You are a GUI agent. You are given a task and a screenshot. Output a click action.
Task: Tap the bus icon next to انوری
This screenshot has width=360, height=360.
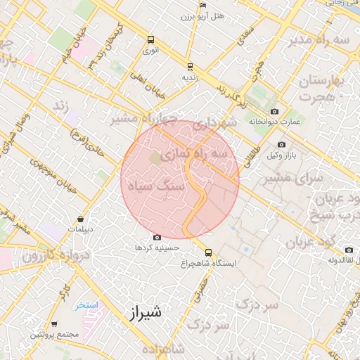[150, 40]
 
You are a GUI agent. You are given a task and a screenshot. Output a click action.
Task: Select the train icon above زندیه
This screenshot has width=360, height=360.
[189, 67]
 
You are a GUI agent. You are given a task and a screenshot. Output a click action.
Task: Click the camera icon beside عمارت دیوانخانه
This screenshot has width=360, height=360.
[274, 112]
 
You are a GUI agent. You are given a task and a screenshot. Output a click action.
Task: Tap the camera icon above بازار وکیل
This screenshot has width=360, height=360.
[282, 145]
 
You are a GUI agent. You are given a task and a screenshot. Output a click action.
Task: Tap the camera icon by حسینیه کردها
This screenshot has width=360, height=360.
[156, 238]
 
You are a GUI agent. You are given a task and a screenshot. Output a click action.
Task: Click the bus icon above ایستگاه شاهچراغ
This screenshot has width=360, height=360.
[208, 252]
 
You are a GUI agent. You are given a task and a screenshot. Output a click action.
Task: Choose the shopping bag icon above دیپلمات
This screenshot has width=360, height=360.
[82, 219]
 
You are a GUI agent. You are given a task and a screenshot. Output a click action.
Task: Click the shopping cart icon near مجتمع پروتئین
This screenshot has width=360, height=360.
[54, 324]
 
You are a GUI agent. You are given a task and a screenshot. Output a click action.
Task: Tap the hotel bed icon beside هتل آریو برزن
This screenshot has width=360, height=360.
[202, 5]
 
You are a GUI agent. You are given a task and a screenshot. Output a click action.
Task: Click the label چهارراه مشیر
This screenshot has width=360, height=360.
[137, 117]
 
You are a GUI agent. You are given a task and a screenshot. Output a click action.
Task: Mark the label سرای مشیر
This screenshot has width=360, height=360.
[292, 179]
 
